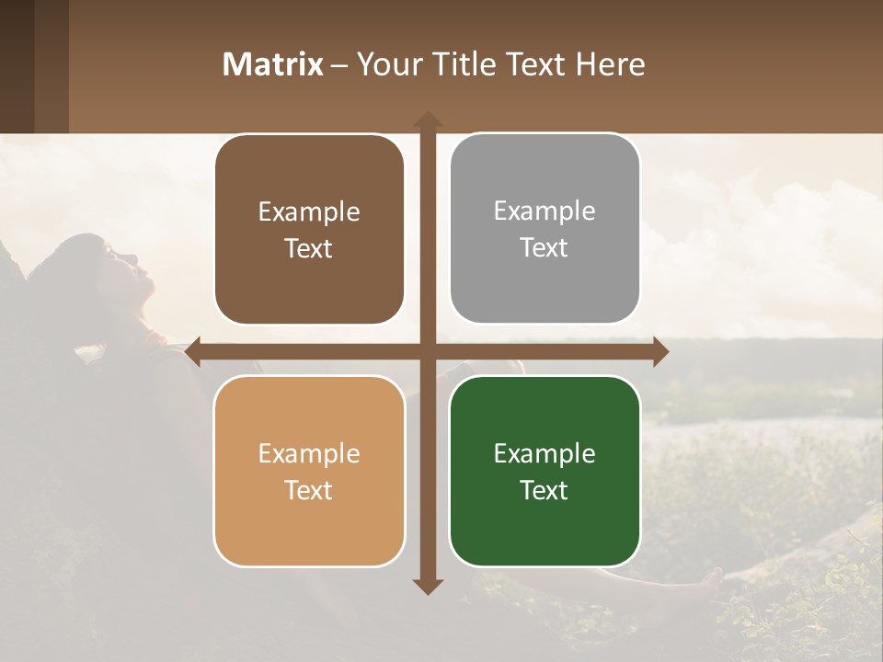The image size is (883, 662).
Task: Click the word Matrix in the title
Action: coord(273,64)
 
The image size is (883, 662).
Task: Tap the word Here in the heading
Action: coord(611,64)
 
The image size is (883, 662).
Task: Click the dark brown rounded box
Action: coord(309,230)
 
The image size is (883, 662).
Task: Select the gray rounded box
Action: coord(545,229)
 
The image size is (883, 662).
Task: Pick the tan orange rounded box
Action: coord(309,471)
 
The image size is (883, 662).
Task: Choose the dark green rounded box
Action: coord(545,471)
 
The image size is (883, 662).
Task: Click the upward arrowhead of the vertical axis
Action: coord(427,120)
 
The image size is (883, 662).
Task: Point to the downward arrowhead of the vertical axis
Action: coord(427,586)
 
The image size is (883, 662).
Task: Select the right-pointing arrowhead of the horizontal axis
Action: coord(659,351)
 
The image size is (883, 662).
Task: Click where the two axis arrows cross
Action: coord(427,351)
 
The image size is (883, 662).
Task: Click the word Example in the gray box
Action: coord(545,211)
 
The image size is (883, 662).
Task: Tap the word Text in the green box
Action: coord(545,490)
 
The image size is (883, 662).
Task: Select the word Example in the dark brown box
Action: coord(309,211)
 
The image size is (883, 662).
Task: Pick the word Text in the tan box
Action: coord(309,490)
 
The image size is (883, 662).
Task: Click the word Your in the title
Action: coord(386,64)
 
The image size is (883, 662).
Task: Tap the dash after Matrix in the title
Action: coord(339,65)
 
